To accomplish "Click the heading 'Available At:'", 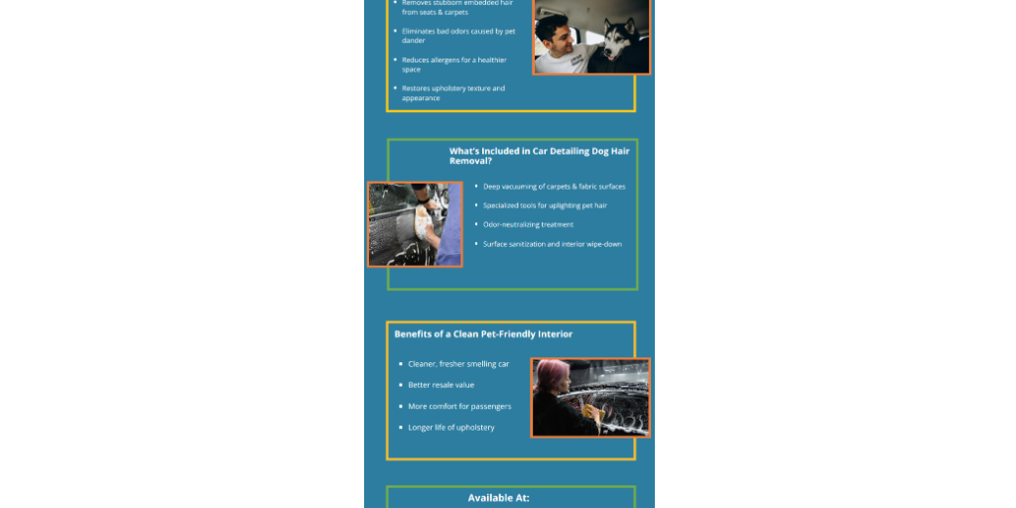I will point(498,497).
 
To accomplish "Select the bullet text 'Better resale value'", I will point(441,385).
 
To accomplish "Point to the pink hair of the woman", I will point(549,372).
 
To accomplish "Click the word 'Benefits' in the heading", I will point(413,334).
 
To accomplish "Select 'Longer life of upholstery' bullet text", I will point(450,428).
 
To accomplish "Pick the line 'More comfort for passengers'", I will point(459,407).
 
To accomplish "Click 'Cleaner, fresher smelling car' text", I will point(458,364).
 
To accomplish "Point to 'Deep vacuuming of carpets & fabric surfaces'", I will point(554,187).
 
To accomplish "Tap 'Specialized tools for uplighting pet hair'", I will point(545,205).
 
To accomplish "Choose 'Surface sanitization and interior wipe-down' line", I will point(552,244).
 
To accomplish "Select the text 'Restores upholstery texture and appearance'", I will point(452,93).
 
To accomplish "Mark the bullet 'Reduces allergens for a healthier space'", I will point(453,64).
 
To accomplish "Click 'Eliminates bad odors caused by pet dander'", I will point(457,36).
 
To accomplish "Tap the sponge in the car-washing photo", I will point(424,212).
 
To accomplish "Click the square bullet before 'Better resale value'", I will point(399,385).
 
